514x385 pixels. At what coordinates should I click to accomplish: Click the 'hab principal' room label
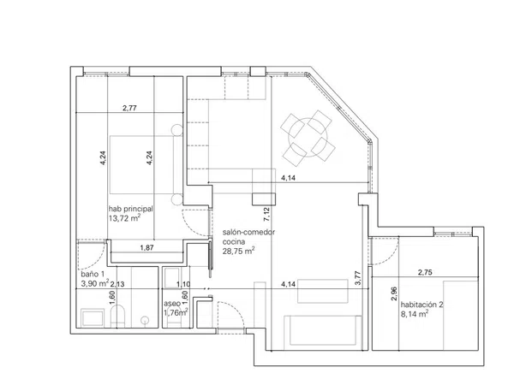pyautogui.click(x=130, y=209)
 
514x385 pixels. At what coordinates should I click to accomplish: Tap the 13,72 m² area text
pyautogui.click(x=124, y=218)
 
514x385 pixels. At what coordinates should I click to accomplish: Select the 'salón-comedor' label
pyautogui.click(x=248, y=232)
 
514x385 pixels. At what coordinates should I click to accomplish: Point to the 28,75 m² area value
pyautogui.click(x=239, y=251)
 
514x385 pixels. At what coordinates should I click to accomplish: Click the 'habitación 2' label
pyautogui.click(x=421, y=305)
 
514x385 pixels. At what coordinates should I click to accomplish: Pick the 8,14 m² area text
pyautogui.click(x=415, y=314)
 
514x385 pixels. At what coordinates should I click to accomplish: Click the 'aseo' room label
pyautogui.click(x=172, y=304)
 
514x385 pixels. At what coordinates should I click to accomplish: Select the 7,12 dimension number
pyautogui.click(x=266, y=215)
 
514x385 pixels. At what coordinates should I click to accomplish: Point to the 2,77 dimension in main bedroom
pyautogui.click(x=129, y=108)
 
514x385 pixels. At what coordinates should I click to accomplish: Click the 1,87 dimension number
pyautogui.click(x=146, y=248)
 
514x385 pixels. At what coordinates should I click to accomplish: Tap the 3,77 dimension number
pyautogui.click(x=357, y=278)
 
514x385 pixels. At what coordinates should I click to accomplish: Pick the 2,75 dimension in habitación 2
pyautogui.click(x=425, y=272)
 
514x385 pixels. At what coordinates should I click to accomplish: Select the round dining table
pyautogui.click(x=308, y=138)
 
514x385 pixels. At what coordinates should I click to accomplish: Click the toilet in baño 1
pyautogui.click(x=117, y=317)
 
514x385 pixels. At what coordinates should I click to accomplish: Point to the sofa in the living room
pyautogui.click(x=323, y=330)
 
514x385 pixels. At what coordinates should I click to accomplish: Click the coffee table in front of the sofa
pyautogui.click(x=323, y=291)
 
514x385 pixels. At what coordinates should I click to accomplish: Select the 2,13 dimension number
pyautogui.click(x=117, y=284)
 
